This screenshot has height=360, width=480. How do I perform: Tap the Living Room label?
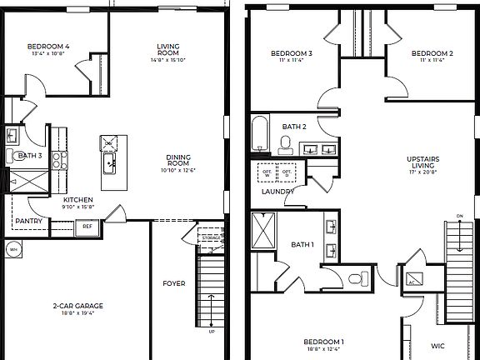pyautogui.click(x=169, y=49)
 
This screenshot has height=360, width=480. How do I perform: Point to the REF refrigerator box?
pyautogui.click(x=87, y=226)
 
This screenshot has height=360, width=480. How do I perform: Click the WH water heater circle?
pyautogui.click(x=13, y=248)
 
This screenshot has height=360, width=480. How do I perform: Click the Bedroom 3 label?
pyautogui.click(x=291, y=54)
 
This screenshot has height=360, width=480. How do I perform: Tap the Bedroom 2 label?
pyautogui.click(x=432, y=54)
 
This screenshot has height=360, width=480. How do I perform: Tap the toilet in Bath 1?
pyautogui.click(x=357, y=277)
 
